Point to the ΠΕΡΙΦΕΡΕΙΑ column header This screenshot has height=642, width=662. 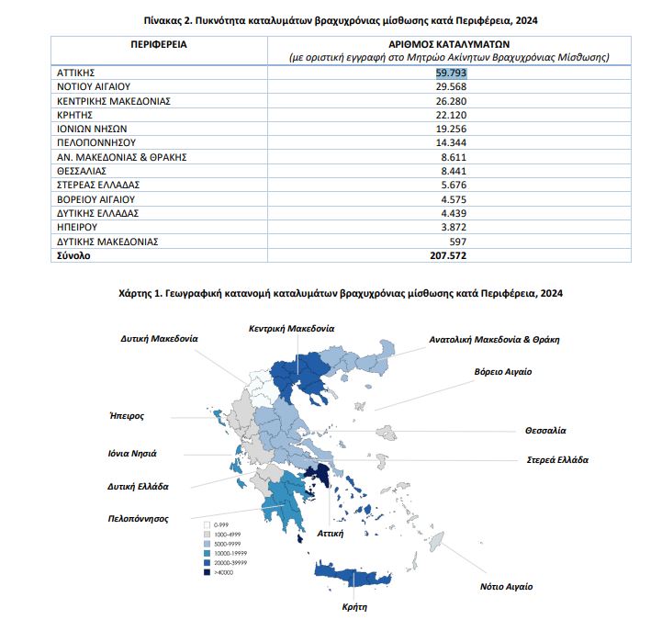click(152, 43)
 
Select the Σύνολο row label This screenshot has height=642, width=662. click(73, 255)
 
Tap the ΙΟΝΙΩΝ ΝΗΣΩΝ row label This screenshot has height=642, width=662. click(89, 129)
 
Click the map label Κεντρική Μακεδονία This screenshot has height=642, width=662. click(291, 328)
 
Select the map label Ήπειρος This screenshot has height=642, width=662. click(126, 415)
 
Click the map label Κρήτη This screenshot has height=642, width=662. click(354, 607)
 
